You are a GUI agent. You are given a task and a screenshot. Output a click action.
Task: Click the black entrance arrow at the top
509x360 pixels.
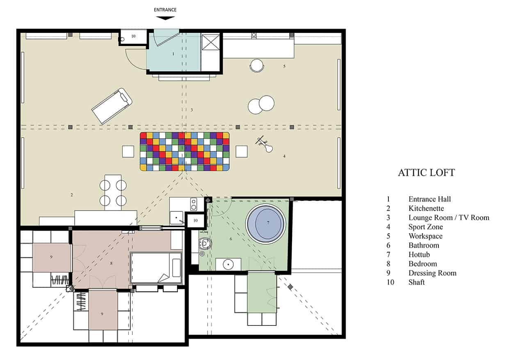point(165,18)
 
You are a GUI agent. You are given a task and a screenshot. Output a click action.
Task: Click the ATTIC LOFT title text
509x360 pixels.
point(426,173)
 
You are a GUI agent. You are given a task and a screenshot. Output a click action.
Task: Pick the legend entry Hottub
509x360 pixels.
point(419,255)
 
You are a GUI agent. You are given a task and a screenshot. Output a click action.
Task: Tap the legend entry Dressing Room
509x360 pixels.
point(432,273)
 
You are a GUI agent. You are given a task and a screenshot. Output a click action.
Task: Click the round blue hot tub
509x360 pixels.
point(265,224)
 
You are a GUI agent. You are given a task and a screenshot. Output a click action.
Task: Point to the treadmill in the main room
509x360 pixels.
point(112,105)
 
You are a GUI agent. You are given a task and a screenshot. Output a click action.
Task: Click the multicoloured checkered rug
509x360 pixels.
point(185,151)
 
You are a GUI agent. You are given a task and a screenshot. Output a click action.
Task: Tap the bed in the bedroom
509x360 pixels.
point(156,268)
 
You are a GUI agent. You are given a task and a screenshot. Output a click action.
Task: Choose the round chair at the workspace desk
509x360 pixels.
point(257,66)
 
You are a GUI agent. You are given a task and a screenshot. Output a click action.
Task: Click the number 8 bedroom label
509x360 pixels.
point(111,263)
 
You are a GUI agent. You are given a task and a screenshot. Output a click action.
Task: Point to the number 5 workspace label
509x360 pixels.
point(284,66)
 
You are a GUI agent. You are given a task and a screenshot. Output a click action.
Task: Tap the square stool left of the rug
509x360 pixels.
point(128,151)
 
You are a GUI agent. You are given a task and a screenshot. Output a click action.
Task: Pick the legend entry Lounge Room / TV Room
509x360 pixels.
point(449,218)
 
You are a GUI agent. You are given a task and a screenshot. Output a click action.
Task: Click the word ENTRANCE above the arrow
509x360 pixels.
point(165,9)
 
